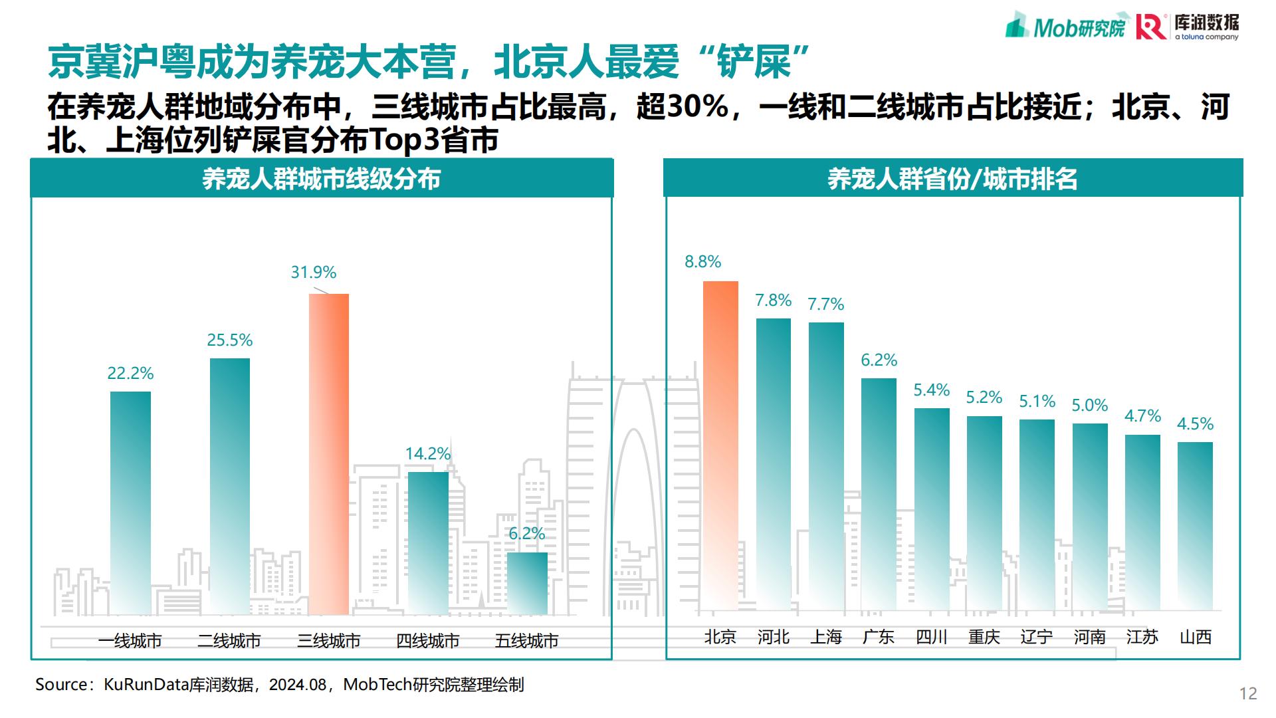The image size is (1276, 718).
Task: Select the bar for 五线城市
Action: click(527, 583)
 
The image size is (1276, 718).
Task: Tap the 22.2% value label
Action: click(130, 374)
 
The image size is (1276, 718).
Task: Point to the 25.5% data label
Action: click(230, 340)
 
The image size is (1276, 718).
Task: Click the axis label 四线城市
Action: click(427, 641)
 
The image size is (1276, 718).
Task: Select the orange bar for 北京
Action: click(720, 445)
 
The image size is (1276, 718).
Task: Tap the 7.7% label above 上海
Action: click(825, 304)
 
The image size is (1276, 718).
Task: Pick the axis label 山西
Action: click(1195, 637)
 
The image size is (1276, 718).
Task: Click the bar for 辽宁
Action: click(1037, 515)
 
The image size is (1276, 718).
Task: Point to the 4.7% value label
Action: click(1142, 416)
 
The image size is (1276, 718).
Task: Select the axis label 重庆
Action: click(984, 637)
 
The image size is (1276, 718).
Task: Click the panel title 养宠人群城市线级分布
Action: click(322, 179)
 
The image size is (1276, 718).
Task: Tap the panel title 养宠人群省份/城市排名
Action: click(952, 179)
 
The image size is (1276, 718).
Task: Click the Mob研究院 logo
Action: click(1067, 27)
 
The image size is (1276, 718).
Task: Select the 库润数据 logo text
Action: click(1206, 22)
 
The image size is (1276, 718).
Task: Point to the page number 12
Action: click(1248, 693)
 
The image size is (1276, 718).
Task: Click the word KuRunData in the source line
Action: click(146, 685)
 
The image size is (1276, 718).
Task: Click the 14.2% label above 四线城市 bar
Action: click(428, 454)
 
